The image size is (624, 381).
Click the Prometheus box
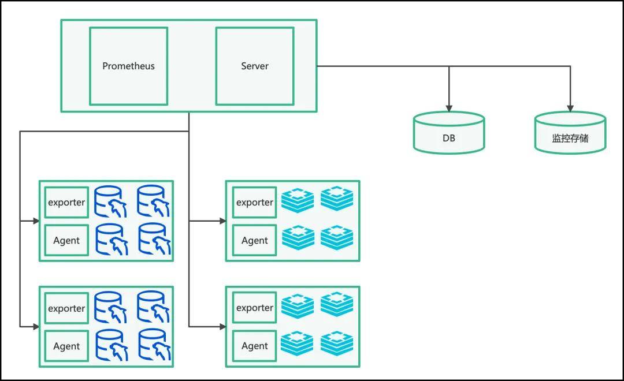[x=128, y=66]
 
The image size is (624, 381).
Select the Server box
[x=255, y=66]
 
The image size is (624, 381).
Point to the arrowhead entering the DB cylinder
[x=449, y=108]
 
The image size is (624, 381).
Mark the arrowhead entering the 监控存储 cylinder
[x=570, y=108]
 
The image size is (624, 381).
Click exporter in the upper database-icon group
[x=66, y=203]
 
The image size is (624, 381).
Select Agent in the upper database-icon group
[x=66, y=240]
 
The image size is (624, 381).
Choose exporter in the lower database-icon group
[x=66, y=308]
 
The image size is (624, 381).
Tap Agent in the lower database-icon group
[x=66, y=346]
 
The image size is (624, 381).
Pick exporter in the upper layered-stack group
[x=254, y=203]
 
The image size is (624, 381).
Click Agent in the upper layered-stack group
[x=254, y=240]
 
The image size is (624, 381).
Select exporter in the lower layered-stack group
[x=254, y=308]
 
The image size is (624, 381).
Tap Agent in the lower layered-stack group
[x=254, y=346]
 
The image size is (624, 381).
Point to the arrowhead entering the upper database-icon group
[x=36, y=221]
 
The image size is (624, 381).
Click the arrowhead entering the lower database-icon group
[x=36, y=327]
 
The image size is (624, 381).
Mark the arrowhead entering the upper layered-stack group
[x=222, y=221]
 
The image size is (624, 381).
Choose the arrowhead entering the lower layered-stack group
[x=222, y=327]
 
